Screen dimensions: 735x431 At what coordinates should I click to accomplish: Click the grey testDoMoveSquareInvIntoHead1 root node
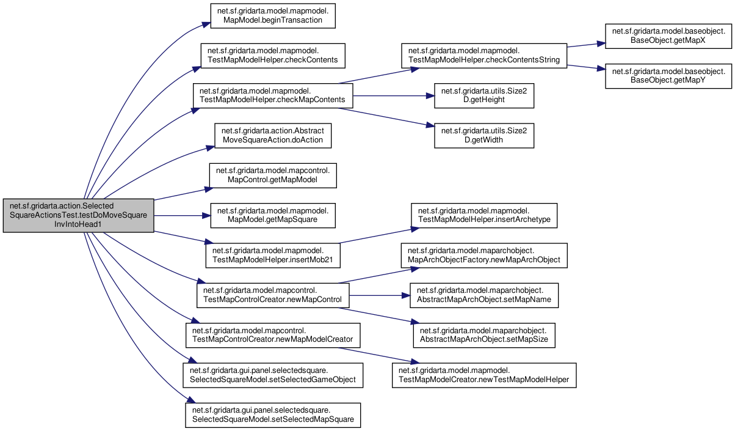78,215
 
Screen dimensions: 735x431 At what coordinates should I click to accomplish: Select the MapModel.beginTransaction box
273,16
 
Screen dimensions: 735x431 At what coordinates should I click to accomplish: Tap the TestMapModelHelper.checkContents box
273,56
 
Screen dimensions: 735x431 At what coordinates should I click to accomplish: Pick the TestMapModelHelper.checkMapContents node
273,95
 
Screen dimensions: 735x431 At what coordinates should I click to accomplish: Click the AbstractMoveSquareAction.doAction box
273,136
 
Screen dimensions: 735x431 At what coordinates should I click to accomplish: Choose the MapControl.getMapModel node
273,175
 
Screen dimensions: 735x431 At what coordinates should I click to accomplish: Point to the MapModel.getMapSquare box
273,215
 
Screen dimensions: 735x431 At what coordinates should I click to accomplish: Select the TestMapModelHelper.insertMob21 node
273,256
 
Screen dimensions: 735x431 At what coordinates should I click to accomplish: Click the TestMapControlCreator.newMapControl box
273,295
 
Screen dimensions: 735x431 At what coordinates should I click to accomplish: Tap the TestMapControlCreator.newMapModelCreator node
273,335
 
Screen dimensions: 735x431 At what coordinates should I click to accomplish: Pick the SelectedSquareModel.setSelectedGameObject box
273,375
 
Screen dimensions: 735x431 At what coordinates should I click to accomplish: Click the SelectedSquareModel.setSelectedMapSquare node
273,415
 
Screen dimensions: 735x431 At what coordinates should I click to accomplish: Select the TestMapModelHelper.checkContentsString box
484,56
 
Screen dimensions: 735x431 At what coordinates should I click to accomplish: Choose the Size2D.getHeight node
484,95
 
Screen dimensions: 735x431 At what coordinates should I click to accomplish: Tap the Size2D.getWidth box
484,136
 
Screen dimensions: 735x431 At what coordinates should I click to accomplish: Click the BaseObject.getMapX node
668,36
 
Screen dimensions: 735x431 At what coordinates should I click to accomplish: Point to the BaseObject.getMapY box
668,76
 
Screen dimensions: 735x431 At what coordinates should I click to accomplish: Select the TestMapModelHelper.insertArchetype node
484,215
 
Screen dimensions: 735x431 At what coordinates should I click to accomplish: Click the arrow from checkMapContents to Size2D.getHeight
394,96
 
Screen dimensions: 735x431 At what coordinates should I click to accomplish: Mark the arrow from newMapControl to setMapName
380,296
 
